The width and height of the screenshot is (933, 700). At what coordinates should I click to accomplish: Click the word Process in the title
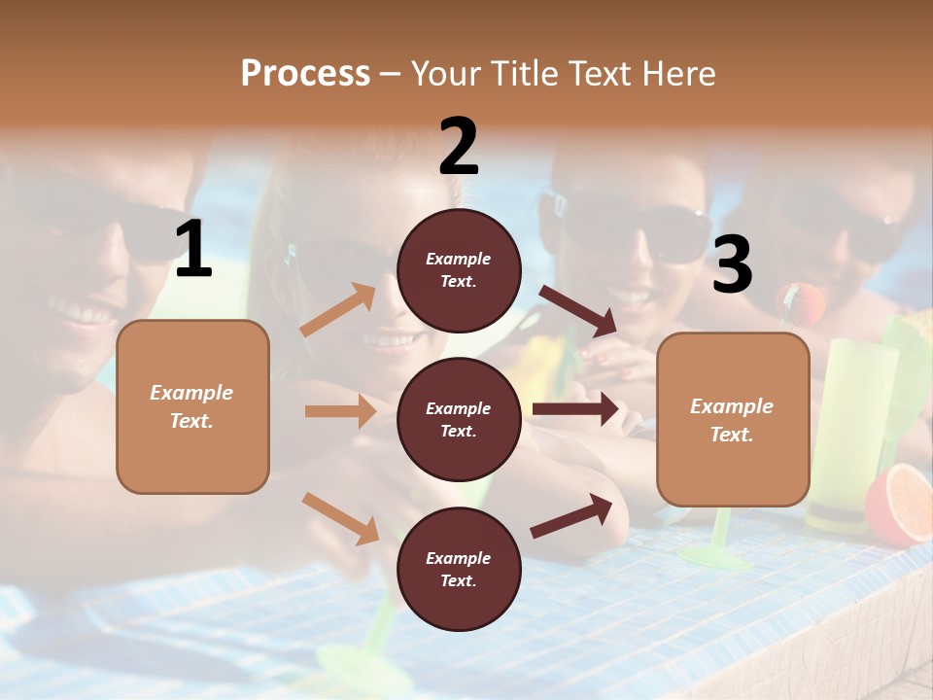(305, 73)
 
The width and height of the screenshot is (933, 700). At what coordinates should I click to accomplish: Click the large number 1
(193, 250)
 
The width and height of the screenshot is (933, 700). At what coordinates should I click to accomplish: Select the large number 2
(459, 147)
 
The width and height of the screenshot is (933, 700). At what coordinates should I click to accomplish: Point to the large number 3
(732, 264)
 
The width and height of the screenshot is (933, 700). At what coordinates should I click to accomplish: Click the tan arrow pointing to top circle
(338, 310)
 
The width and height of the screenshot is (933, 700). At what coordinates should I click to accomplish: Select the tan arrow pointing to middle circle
(340, 411)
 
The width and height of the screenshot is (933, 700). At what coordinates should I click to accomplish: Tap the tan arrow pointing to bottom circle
(340, 518)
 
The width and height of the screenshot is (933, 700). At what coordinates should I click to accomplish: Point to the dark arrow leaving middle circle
(575, 409)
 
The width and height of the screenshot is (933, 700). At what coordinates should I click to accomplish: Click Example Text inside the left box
(191, 406)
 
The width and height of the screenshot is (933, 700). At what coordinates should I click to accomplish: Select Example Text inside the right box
(732, 420)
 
